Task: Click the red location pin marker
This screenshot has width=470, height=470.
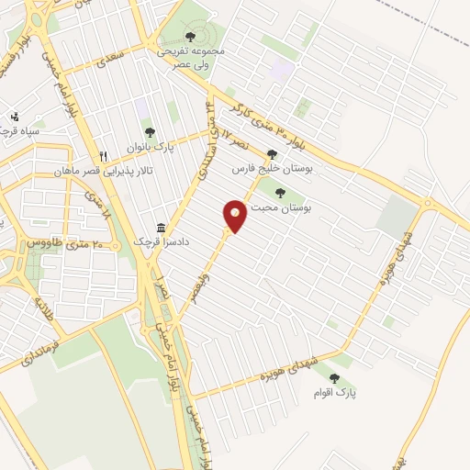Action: pyautogui.click(x=235, y=216)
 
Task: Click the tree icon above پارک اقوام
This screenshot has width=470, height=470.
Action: pyautogui.click(x=333, y=377)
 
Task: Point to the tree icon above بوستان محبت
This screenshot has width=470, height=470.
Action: pyautogui.click(x=279, y=192)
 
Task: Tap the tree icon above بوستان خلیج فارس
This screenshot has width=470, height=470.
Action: pyautogui.click(x=271, y=154)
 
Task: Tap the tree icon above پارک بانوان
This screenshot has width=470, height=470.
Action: pyautogui.click(x=151, y=132)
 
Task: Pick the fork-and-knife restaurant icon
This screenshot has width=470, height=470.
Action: pyautogui.click(x=104, y=156)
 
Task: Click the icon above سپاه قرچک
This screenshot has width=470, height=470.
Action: pyautogui.click(x=15, y=117)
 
